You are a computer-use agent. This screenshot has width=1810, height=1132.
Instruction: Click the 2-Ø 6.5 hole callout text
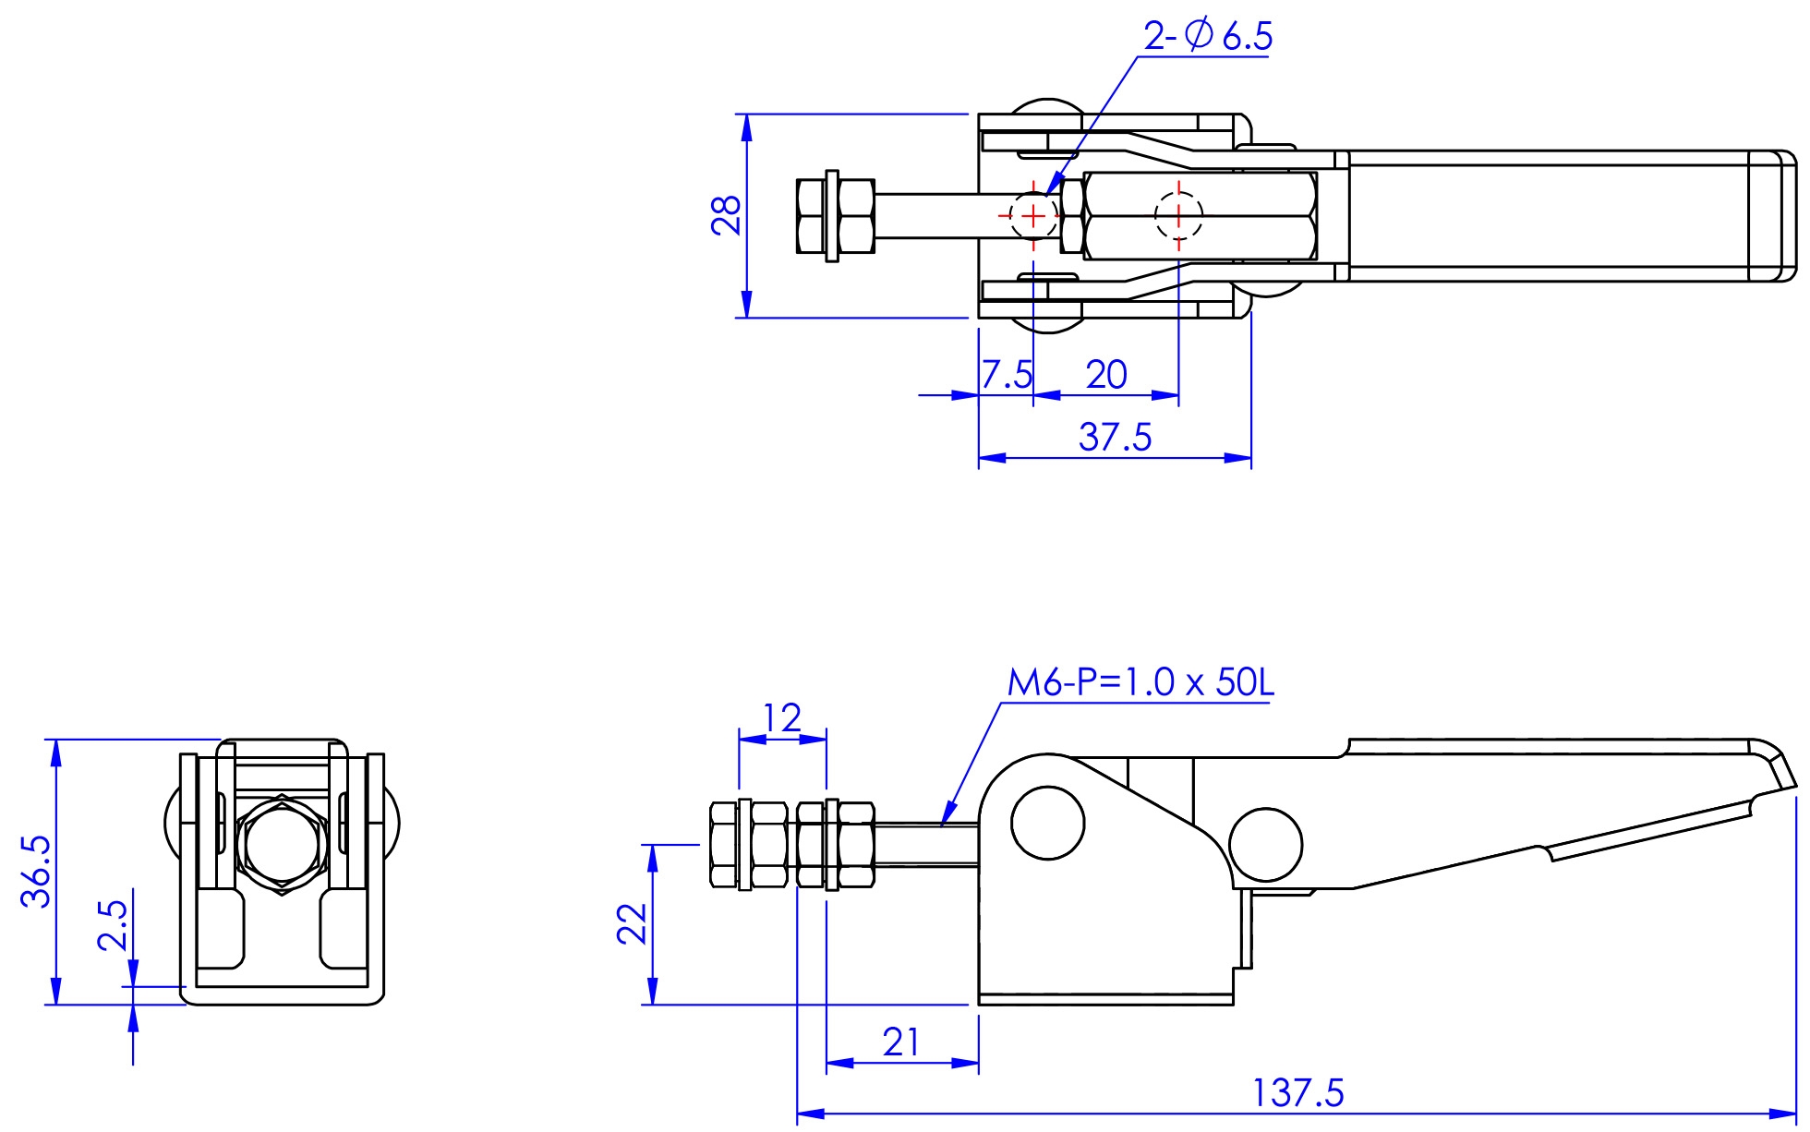(1207, 36)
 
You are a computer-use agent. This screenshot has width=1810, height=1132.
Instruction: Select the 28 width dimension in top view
(728, 215)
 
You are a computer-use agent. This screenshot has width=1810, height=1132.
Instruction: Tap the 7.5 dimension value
(1006, 375)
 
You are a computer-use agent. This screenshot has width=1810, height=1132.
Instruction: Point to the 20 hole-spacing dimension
(1105, 375)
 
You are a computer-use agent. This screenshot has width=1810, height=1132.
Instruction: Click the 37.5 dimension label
(1115, 437)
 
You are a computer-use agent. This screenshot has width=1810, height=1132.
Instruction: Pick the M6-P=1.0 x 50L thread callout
(1140, 683)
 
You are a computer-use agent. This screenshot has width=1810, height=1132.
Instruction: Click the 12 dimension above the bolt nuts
(782, 717)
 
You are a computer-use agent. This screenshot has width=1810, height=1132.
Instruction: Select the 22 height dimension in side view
(633, 923)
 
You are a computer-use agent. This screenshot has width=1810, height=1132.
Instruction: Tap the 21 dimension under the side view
(900, 1043)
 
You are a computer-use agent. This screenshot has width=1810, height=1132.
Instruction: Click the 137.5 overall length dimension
(1297, 1094)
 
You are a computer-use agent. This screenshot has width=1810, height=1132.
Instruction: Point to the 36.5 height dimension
(37, 873)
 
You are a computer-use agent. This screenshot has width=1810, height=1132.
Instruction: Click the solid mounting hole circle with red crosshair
(1033, 216)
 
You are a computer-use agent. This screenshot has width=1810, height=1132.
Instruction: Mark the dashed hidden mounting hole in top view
(1178, 216)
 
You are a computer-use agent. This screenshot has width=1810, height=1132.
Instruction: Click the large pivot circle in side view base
(1047, 823)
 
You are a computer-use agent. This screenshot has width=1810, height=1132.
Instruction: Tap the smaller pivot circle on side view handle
(1265, 845)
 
